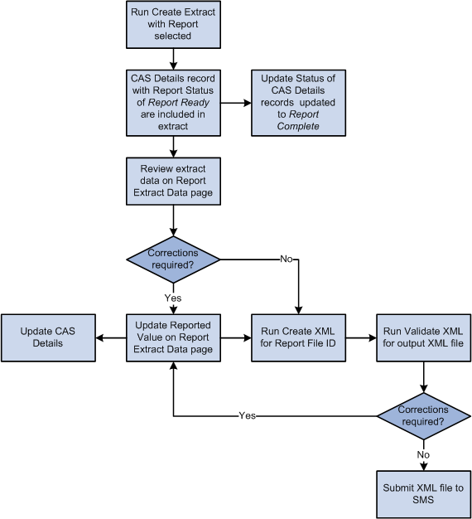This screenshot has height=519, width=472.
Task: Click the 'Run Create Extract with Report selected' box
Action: point(173,24)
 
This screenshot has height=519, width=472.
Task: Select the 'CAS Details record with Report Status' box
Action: point(173,103)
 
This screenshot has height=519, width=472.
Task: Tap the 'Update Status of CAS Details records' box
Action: point(297,103)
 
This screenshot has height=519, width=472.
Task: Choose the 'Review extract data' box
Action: point(173,181)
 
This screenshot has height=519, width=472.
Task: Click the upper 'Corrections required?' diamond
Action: point(173,259)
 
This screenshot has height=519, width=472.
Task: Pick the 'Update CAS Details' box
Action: point(48,337)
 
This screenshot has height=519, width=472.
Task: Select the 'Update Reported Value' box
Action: point(173,337)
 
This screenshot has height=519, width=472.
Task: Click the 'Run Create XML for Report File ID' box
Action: point(297,337)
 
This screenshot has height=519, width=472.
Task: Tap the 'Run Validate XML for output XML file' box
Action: point(423,337)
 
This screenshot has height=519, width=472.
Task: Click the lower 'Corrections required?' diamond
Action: point(423,415)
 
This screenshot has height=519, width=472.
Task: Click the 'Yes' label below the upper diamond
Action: point(173,296)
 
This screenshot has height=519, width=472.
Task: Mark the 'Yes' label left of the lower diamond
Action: point(247,415)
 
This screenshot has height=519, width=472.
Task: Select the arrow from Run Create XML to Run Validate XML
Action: point(360,337)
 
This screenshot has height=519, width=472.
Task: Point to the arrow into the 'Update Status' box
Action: point(235,103)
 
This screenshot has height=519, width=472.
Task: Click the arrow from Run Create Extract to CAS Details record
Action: point(173,60)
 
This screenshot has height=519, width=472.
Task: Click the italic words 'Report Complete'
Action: point(297,121)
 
